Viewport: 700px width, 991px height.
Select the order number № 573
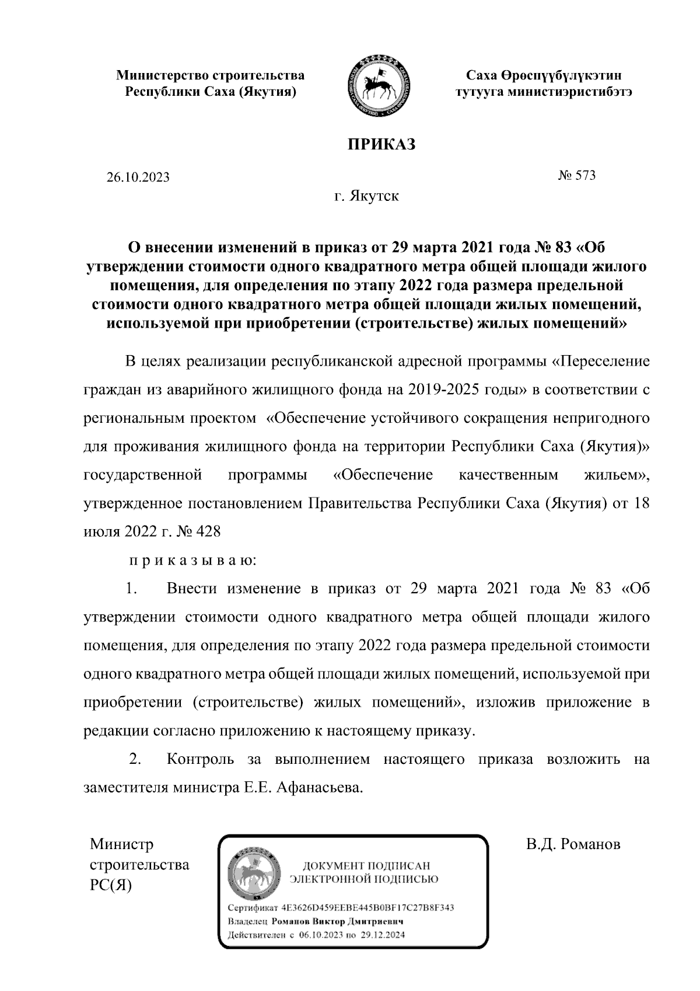pyautogui.click(x=576, y=175)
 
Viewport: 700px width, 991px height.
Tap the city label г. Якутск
pyautogui.click(x=366, y=196)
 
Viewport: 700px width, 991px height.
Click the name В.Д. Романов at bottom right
pyautogui.click(x=573, y=844)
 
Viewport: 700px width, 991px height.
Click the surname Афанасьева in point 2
pyautogui.click(x=320, y=788)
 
